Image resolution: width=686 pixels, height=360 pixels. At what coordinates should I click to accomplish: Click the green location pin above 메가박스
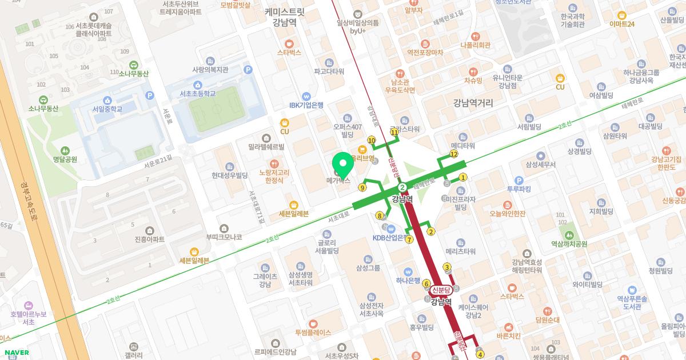point(343,164)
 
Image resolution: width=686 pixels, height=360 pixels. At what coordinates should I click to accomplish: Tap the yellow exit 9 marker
point(362,187)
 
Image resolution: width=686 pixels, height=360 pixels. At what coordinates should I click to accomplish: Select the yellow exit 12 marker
point(454,154)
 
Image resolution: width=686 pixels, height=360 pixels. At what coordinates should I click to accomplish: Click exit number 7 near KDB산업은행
point(409,239)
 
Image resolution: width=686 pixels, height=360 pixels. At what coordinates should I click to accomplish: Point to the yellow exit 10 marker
point(372,140)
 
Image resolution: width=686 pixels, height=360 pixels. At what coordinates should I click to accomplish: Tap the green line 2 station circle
point(402,187)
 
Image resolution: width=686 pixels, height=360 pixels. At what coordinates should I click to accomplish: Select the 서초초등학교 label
point(198,93)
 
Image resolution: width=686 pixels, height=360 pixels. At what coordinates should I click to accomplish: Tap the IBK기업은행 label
point(306,105)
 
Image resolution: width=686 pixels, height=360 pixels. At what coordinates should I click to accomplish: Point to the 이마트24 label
point(623,24)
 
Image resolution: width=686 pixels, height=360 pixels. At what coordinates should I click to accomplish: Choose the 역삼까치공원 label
point(569,244)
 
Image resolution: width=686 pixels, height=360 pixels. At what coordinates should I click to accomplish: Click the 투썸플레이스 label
point(313,331)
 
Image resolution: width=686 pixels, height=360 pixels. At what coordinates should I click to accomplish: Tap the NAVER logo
point(16,353)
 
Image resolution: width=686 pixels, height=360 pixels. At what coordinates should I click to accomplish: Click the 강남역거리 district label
point(473,103)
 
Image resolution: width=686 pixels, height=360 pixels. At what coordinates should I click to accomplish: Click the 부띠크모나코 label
point(224,237)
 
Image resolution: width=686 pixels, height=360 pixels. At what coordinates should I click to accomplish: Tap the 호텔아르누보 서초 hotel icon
point(28,306)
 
